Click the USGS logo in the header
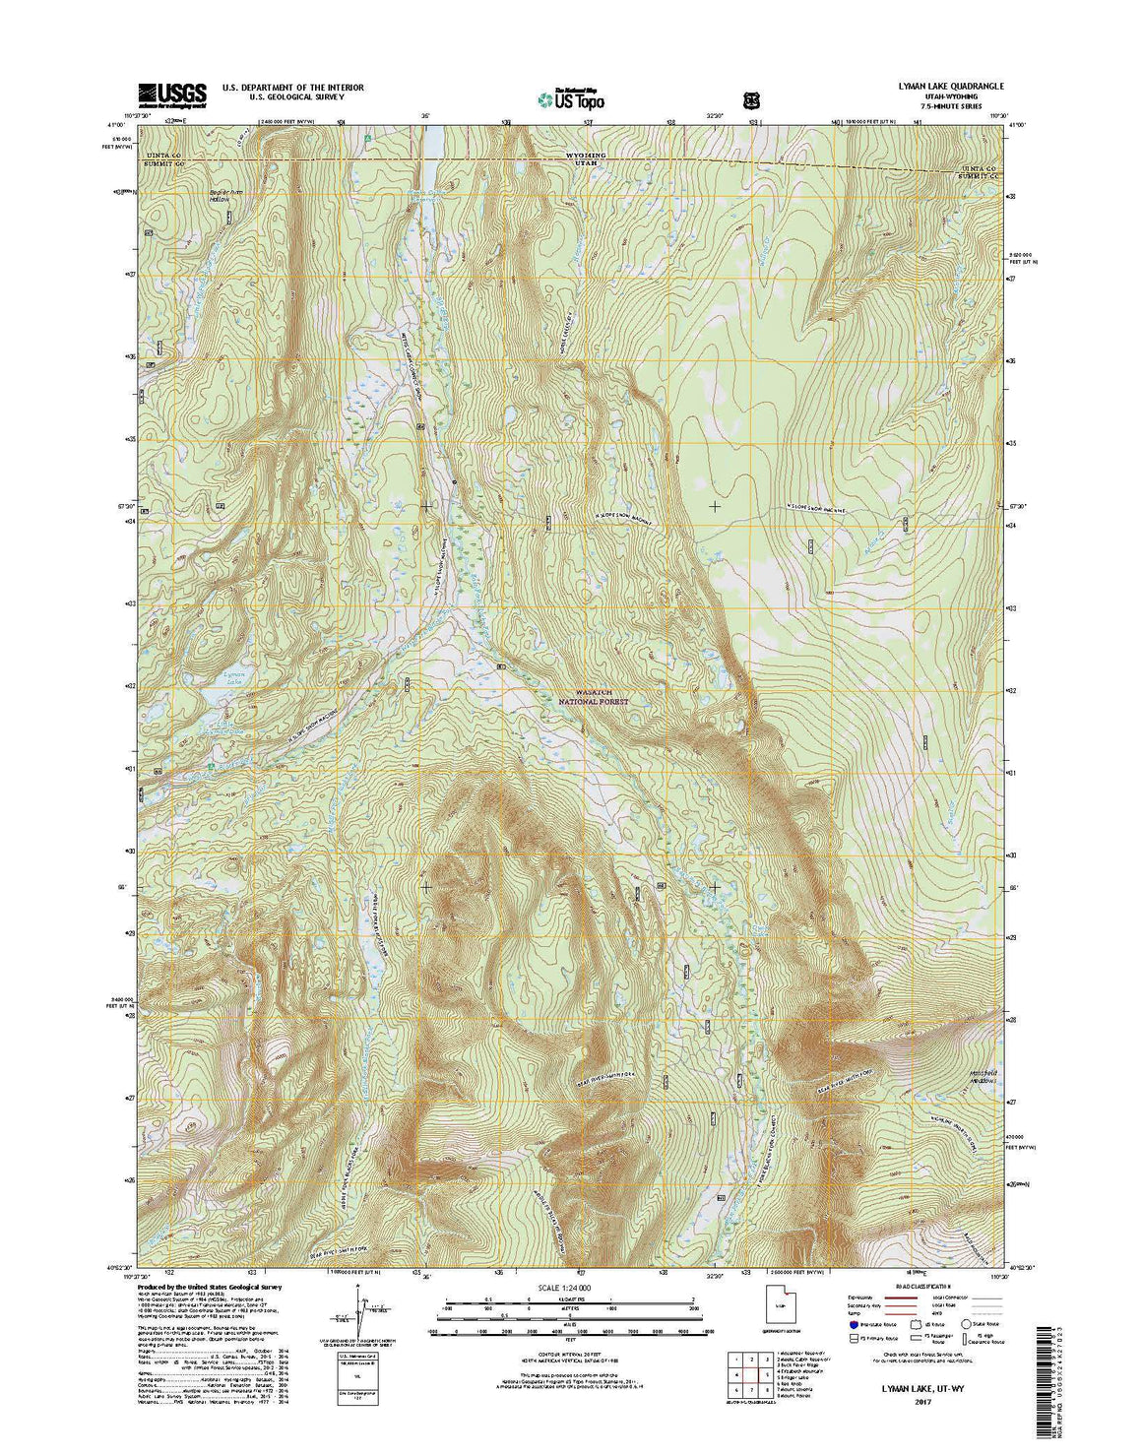pyautogui.click(x=172, y=94)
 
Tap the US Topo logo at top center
pyautogui.click(x=571, y=97)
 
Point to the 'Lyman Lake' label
pyautogui.click(x=224, y=678)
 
